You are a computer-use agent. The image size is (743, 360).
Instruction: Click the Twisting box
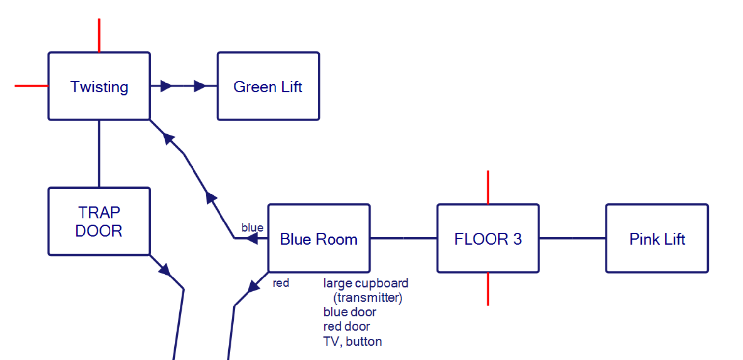click(x=99, y=86)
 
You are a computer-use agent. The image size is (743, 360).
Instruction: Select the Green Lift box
click(x=268, y=86)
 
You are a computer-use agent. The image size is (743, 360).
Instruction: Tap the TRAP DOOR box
click(x=99, y=221)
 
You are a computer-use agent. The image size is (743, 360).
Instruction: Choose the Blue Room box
click(x=318, y=239)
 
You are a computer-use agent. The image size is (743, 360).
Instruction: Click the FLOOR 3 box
click(x=488, y=239)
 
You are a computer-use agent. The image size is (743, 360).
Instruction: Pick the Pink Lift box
click(x=657, y=239)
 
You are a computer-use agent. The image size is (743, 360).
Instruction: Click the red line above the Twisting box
click(x=99, y=35)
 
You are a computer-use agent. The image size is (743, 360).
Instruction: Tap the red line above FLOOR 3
click(x=488, y=187)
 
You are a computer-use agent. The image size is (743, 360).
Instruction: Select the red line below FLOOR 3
click(x=488, y=289)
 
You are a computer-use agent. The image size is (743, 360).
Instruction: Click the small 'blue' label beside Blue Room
click(x=252, y=228)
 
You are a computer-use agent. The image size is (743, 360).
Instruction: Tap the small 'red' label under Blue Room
click(x=280, y=283)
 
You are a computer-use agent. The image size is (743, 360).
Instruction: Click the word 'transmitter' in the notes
click(x=367, y=298)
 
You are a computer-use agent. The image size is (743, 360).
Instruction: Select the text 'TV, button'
click(x=352, y=341)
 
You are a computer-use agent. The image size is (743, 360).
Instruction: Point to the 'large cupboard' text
click(x=365, y=283)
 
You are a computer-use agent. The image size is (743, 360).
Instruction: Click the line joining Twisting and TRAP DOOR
click(x=99, y=153)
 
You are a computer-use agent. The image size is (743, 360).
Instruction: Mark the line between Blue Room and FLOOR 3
click(x=403, y=238)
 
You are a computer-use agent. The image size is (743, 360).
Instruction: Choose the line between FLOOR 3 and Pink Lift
click(x=572, y=238)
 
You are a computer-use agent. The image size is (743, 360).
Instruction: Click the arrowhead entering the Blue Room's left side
click(x=252, y=239)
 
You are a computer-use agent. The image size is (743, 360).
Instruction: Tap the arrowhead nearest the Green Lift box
click(x=199, y=86)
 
